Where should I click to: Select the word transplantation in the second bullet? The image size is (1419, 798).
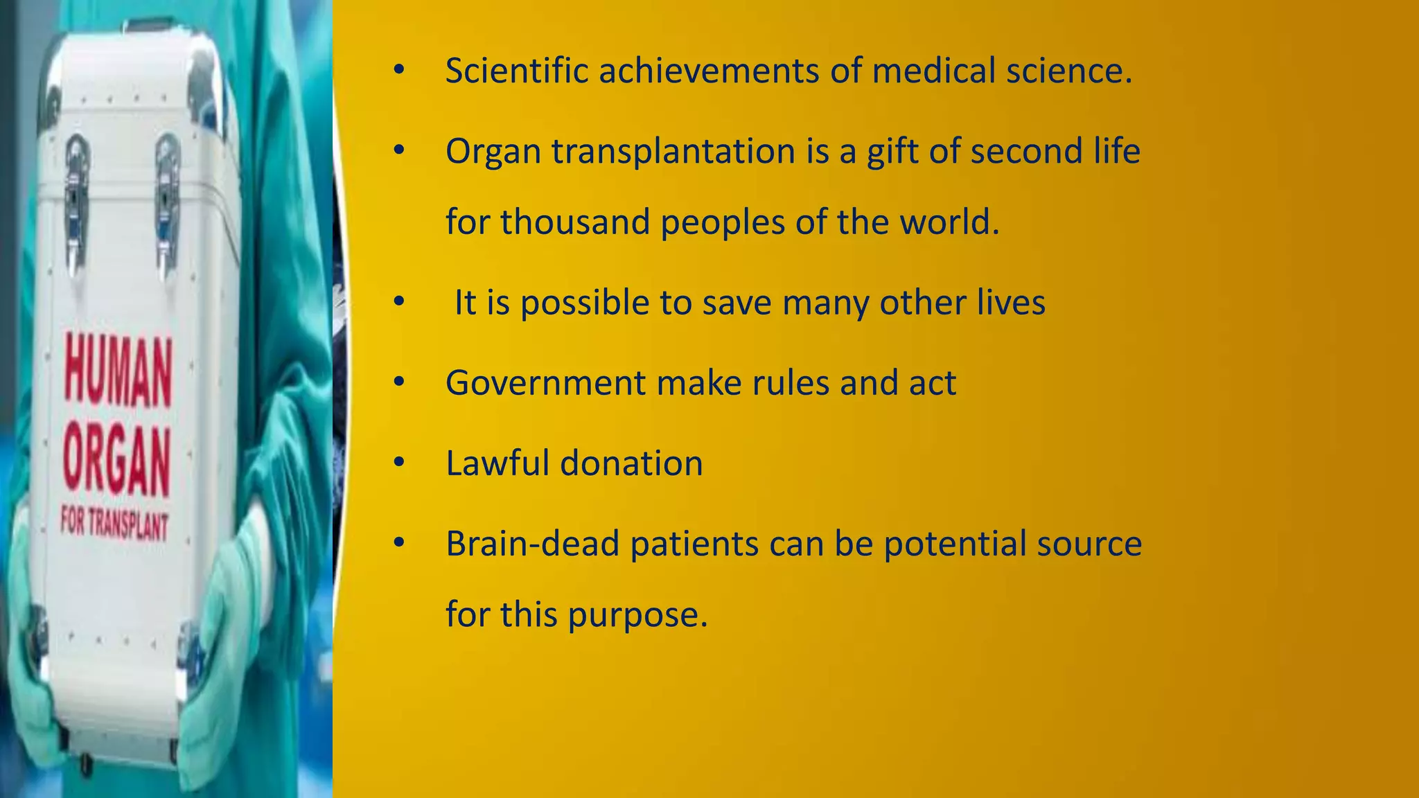tap(673, 151)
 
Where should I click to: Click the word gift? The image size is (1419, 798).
tap(892, 152)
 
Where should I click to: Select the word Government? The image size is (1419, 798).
tap(545, 382)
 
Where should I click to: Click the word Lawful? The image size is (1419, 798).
tap(497, 463)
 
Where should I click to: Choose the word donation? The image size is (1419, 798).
tap(631, 463)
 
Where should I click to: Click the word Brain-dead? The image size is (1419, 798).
tap(532, 544)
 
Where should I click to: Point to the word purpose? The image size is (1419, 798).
tap(638, 614)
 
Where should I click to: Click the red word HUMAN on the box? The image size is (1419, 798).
tap(118, 371)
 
